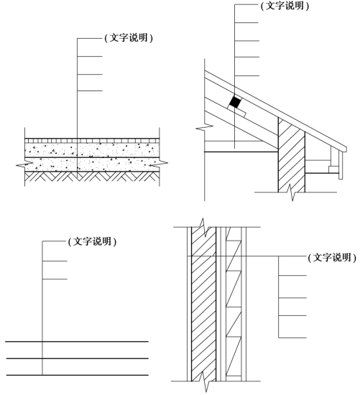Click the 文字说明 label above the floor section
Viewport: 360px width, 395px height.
click(x=129, y=38)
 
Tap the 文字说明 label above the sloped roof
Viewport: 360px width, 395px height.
click(x=285, y=6)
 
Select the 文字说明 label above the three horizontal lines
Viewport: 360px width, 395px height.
click(x=92, y=241)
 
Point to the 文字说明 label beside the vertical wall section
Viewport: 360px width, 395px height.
click(x=332, y=258)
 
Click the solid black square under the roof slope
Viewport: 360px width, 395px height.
click(x=235, y=102)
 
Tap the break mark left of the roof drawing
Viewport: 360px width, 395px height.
click(x=205, y=128)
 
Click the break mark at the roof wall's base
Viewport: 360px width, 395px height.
click(x=291, y=192)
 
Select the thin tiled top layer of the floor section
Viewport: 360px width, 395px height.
click(x=92, y=141)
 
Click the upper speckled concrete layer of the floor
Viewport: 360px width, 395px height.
click(x=92, y=150)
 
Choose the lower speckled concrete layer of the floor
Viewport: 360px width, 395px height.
click(x=92, y=164)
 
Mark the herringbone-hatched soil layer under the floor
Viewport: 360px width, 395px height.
click(x=92, y=177)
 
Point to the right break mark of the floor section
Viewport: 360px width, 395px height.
click(x=159, y=163)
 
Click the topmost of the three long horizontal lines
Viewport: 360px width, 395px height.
click(x=77, y=342)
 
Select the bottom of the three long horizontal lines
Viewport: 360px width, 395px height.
click(x=77, y=375)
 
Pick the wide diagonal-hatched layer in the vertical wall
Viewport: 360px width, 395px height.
click(x=203, y=304)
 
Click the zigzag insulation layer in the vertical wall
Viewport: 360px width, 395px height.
click(x=234, y=304)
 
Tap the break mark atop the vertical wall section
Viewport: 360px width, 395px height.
click(x=205, y=228)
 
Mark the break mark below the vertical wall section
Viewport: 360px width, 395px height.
click(x=206, y=381)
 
